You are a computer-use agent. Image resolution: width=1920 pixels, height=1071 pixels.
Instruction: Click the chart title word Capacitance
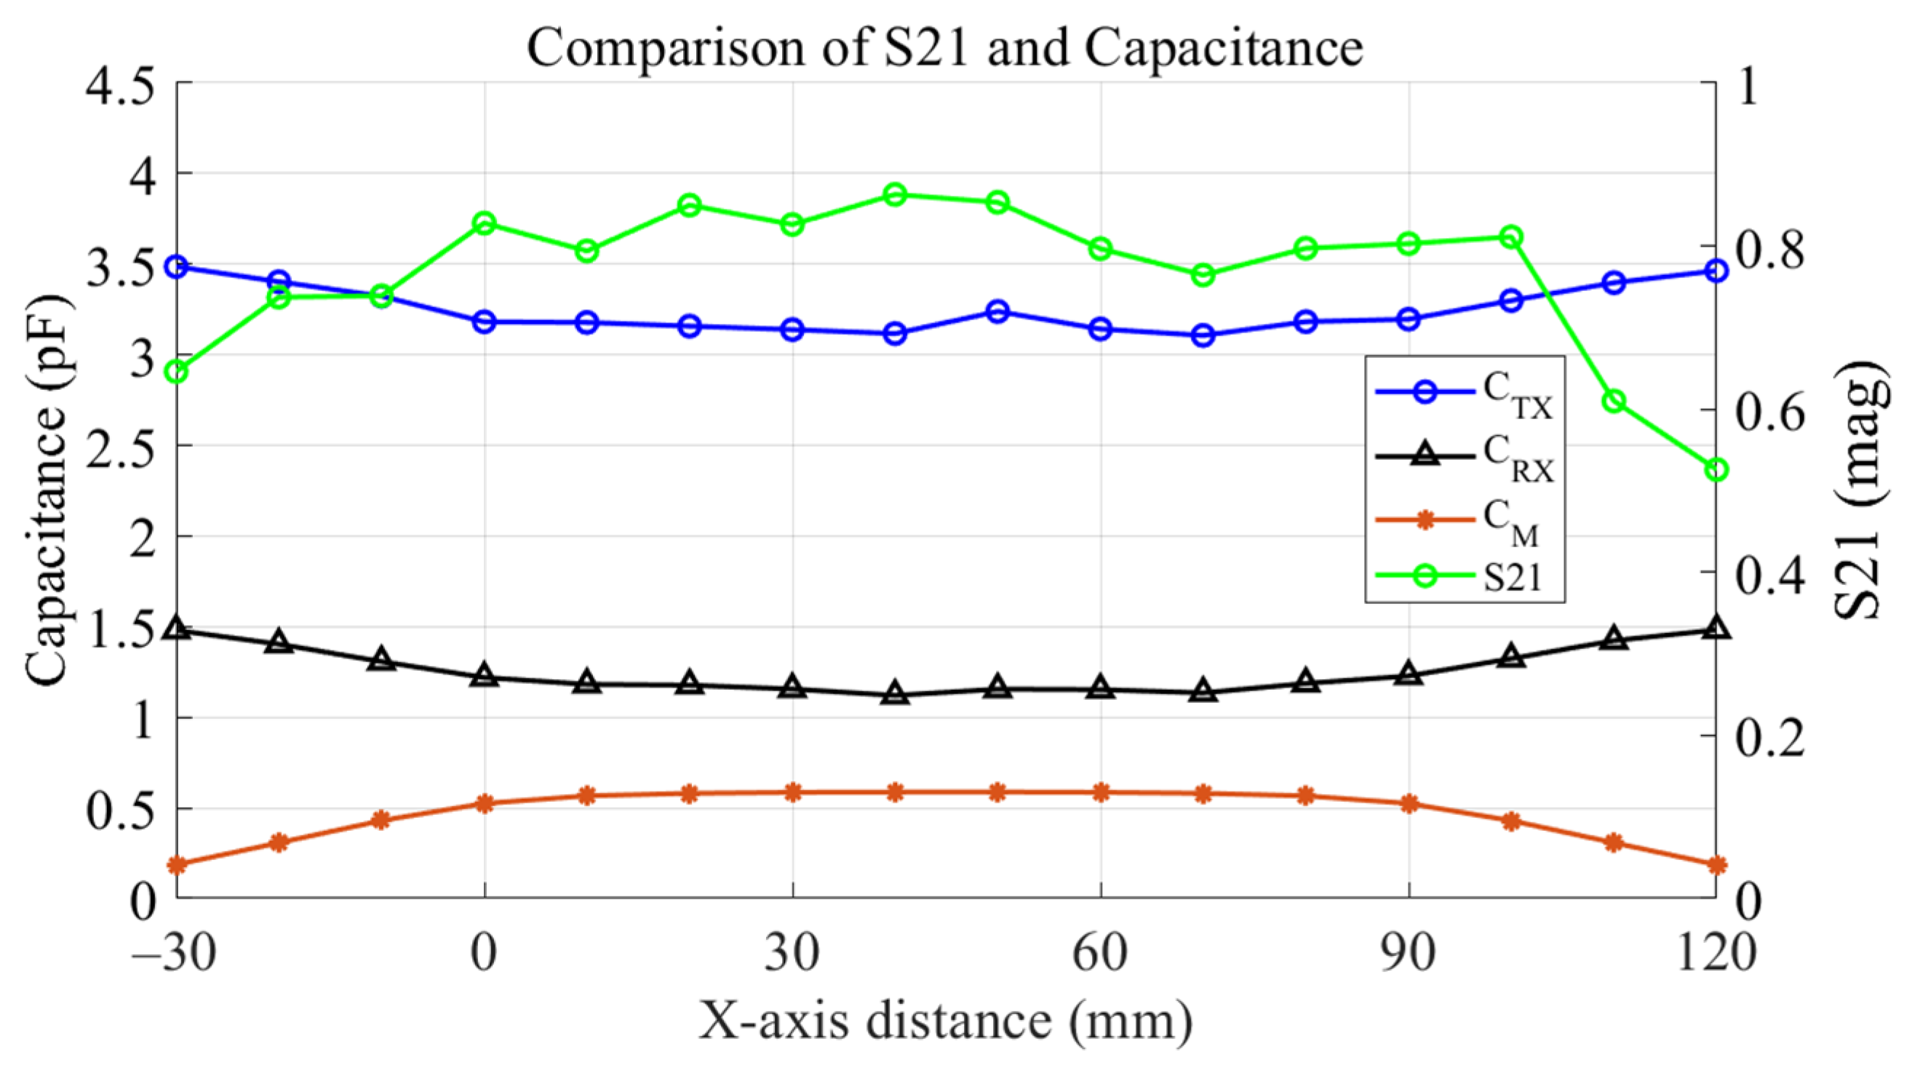pos(1223,48)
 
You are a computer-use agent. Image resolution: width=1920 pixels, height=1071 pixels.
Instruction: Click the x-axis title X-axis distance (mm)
pos(945,1020)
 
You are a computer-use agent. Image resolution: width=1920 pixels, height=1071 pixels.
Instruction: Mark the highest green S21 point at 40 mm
pos(895,195)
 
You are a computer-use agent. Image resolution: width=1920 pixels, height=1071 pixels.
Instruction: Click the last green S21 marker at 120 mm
pos(1716,469)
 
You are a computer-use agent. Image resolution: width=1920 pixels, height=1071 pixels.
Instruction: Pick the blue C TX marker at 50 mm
pos(998,311)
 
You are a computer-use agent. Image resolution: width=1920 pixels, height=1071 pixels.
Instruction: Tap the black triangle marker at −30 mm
pos(177,629)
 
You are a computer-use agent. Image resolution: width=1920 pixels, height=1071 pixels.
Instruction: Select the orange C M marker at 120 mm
pos(1716,865)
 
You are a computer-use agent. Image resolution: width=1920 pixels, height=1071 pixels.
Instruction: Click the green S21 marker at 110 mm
pos(1614,401)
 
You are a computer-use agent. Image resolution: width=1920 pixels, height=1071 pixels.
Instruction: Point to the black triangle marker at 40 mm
pos(895,695)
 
